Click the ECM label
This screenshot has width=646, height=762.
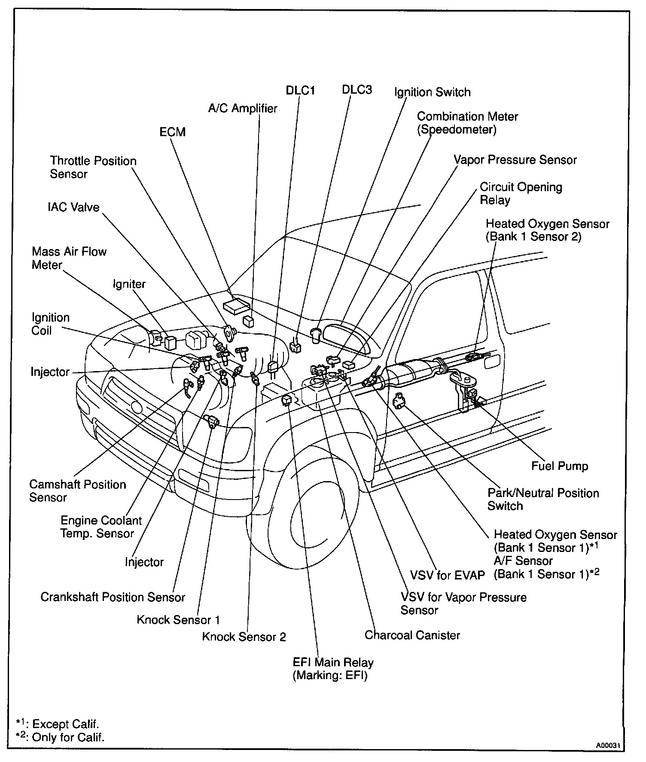[172, 132]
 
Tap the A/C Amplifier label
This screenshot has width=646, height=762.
[243, 108]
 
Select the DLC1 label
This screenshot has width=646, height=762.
[301, 91]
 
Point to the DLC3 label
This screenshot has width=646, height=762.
[357, 90]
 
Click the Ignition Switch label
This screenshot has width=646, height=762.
[433, 92]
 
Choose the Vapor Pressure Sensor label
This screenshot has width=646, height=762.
[515, 160]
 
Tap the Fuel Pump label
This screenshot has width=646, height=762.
[560, 466]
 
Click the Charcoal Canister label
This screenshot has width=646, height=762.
[412, 635]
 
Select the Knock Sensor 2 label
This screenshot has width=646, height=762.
[244, 637]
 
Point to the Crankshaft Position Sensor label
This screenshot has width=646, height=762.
[113, 597]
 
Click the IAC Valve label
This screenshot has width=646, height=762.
[73, 207]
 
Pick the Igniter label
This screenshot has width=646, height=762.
[129, 284]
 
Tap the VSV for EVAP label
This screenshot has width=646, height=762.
[447, 575]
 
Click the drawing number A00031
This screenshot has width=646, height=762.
[607, 745]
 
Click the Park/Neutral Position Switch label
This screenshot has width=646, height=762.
[543, 499]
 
